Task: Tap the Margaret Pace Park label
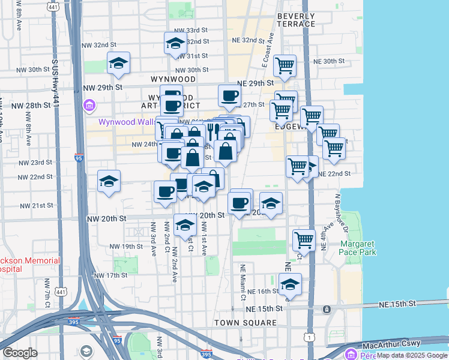(358, 248)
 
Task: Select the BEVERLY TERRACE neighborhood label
(295, 20)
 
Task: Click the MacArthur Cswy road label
(390, 346)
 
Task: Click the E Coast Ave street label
(268, 48)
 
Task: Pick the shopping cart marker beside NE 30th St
(284, 65)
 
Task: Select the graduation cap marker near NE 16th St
(290, 283)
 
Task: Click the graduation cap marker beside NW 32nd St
(175, 43)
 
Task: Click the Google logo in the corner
(20, 353)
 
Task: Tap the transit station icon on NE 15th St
(327, 309)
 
